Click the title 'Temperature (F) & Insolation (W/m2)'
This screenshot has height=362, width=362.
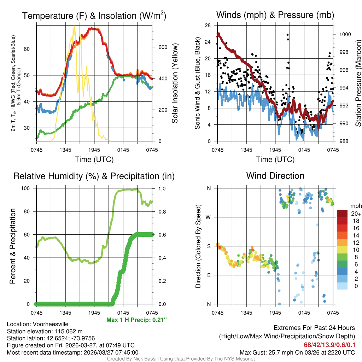tap(94, 16)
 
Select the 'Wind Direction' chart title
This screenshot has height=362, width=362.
tap(275, 176)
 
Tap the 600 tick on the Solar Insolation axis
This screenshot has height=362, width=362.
tap(158, 47)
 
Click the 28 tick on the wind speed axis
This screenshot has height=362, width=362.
tap(208, 25)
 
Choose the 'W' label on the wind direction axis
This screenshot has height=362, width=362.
tap(209, 217)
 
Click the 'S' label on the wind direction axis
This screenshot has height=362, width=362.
tap(209, 246)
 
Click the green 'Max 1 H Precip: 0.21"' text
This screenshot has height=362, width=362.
tap(136, 320)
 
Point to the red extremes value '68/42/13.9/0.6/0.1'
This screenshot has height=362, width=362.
tap(329, 345)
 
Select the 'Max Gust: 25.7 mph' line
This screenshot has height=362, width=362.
tap(297, 352)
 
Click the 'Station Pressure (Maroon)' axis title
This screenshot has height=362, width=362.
tap(358, 83)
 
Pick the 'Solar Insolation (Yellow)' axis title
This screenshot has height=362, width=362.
tap(175, 83)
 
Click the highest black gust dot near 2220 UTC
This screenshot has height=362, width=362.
tap(287, 35)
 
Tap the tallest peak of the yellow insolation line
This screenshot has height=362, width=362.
tap(74, 27)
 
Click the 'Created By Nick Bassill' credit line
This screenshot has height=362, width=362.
tap(181, 359)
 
